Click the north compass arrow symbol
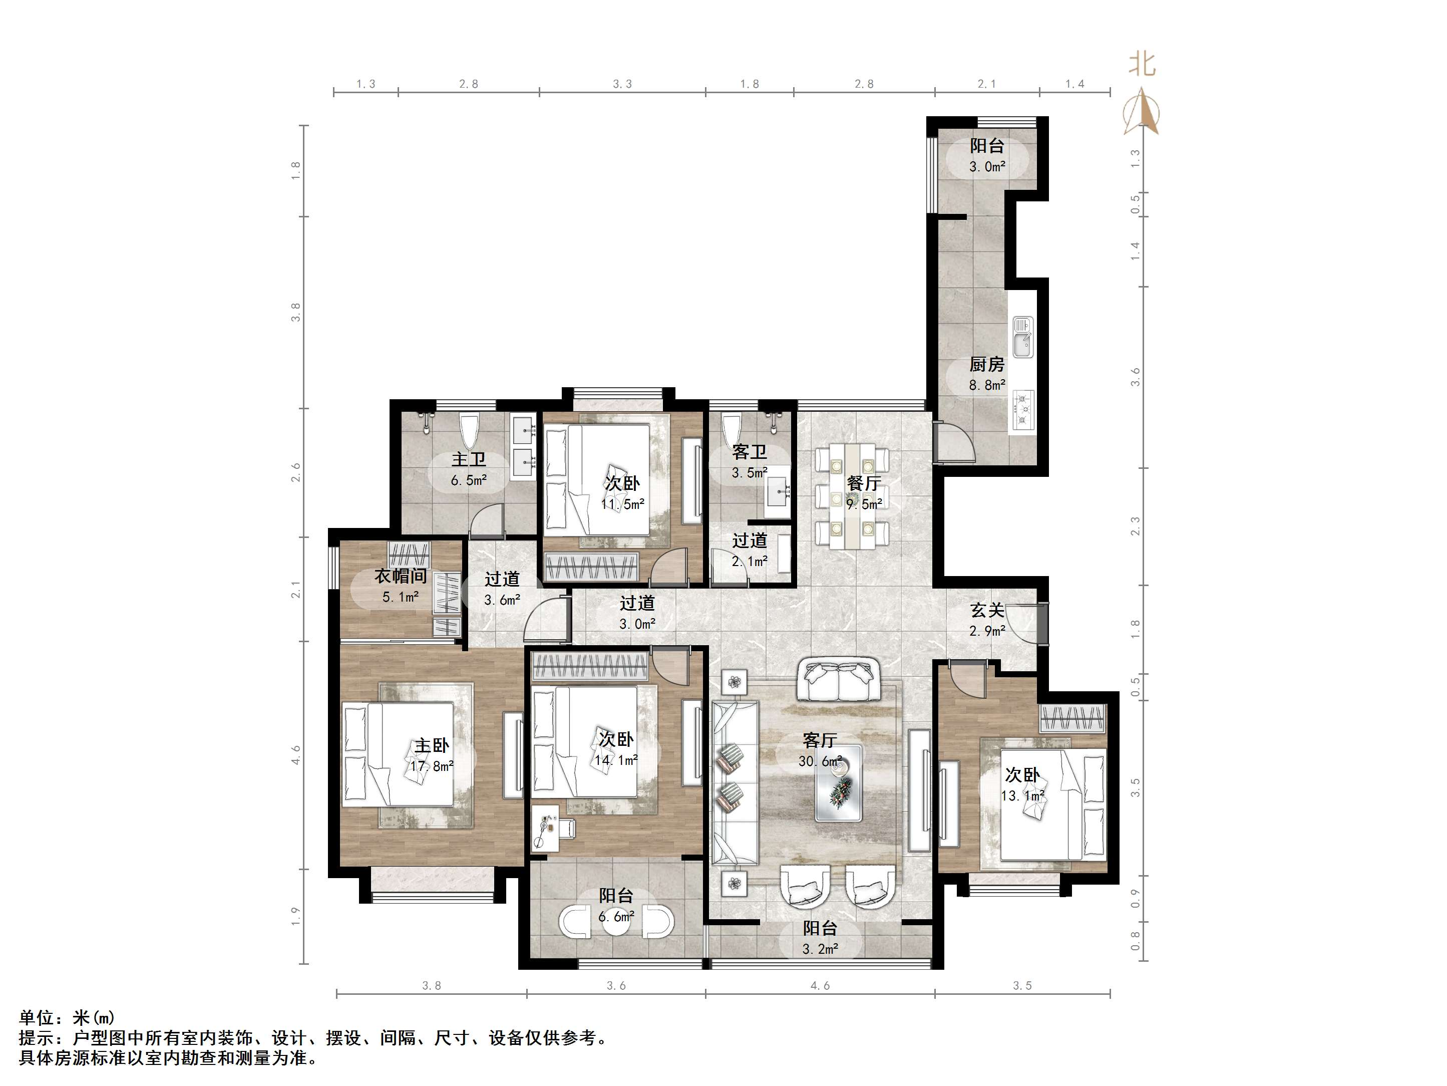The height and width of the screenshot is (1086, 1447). (1142, 111)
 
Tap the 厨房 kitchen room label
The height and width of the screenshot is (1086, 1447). (986, 364)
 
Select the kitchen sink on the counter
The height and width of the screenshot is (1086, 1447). (1023, 337)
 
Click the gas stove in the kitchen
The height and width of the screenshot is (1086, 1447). (1023, 410)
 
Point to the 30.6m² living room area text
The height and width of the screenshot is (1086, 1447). (820, 761)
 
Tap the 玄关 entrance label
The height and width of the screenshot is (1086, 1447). (986, 610)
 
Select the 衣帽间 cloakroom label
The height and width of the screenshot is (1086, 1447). (401, 576)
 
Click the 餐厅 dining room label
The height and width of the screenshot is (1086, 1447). (864, 483)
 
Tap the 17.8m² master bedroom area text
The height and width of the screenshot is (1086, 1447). (432, 766)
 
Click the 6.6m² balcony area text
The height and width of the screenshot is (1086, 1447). (615, 917)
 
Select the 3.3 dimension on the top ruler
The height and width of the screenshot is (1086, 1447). (622, 84)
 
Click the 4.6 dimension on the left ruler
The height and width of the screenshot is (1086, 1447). (296, 755)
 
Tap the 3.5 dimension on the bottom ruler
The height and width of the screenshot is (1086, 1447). (1022, 986)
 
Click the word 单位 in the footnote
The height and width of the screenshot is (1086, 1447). (36, 1017)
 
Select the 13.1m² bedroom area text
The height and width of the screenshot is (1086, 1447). (1022, 796)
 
